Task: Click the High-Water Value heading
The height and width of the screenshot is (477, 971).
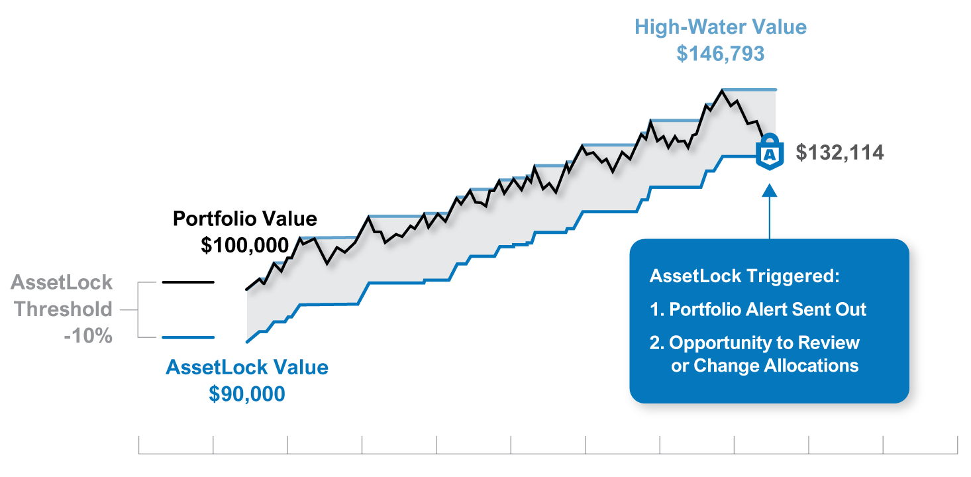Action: pos(720,27)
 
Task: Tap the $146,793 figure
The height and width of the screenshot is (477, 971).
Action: pos(720,53)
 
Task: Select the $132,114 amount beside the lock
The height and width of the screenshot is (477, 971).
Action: pos(840,152)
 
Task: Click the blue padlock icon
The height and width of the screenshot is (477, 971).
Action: pos(770,152)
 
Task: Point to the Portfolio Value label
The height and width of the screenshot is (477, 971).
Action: pos(245,219)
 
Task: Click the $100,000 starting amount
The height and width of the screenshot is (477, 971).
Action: pos(245,245)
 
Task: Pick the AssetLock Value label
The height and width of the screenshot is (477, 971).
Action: pos(247,367)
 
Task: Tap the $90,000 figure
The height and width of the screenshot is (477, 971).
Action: pos(247,394)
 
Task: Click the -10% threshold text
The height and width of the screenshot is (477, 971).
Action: pos(88,336)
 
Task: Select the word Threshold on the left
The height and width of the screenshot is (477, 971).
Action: pos(64,309)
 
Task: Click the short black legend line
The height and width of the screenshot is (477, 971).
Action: pos(188,282)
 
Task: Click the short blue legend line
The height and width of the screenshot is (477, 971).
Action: pos(188,337)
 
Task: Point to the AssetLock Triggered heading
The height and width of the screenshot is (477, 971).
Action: pos(744,276)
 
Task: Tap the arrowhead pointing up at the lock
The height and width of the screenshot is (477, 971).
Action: pos(770,191)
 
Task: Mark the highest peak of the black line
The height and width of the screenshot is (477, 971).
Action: pos(722,89)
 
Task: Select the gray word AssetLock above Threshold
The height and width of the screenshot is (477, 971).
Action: pos(62,283)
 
